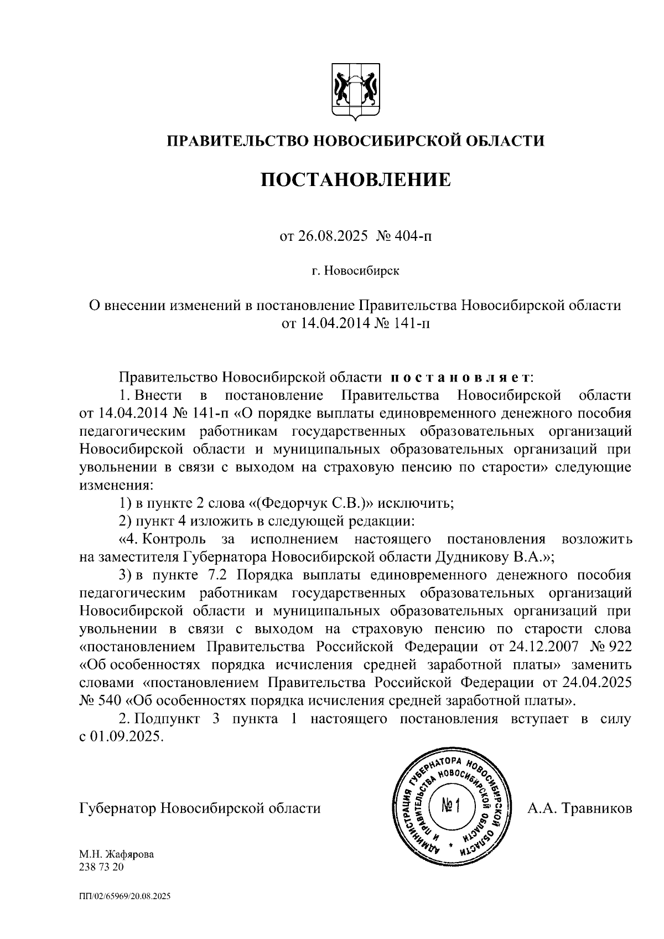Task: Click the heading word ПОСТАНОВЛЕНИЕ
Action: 356,179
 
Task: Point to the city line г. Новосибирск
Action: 355,271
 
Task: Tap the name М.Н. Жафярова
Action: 117,854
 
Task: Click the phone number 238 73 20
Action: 102,867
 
